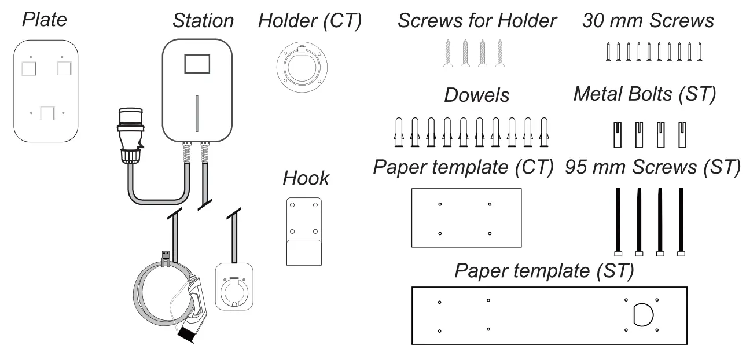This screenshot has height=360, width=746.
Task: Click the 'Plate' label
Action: point(45,20)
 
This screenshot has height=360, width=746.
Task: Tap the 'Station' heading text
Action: point(203,21)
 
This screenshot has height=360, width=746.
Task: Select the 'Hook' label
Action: point(306,178)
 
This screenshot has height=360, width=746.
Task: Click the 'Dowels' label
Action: point(476,95)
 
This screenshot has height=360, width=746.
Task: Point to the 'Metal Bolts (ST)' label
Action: point(644,94)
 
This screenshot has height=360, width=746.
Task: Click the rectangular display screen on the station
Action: point(197,64)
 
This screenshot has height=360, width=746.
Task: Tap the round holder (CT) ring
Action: point(302,67)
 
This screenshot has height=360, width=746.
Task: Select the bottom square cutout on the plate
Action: point(47,113)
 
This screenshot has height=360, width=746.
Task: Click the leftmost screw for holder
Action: point(448,53)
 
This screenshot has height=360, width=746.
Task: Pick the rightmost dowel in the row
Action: point(544,132)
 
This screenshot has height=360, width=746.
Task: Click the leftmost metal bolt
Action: point(618,135)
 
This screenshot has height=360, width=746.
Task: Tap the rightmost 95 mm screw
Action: point(681,222)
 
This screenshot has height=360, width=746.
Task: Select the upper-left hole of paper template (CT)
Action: point(440,204)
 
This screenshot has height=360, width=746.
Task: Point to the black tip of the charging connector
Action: point(186,335)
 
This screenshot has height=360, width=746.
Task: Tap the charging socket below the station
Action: point(234,286)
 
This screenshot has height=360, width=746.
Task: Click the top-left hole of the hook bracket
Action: point(292,205)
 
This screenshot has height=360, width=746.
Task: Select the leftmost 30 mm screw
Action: point(608,52)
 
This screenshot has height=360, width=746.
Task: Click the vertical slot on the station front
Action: point(197,113)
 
